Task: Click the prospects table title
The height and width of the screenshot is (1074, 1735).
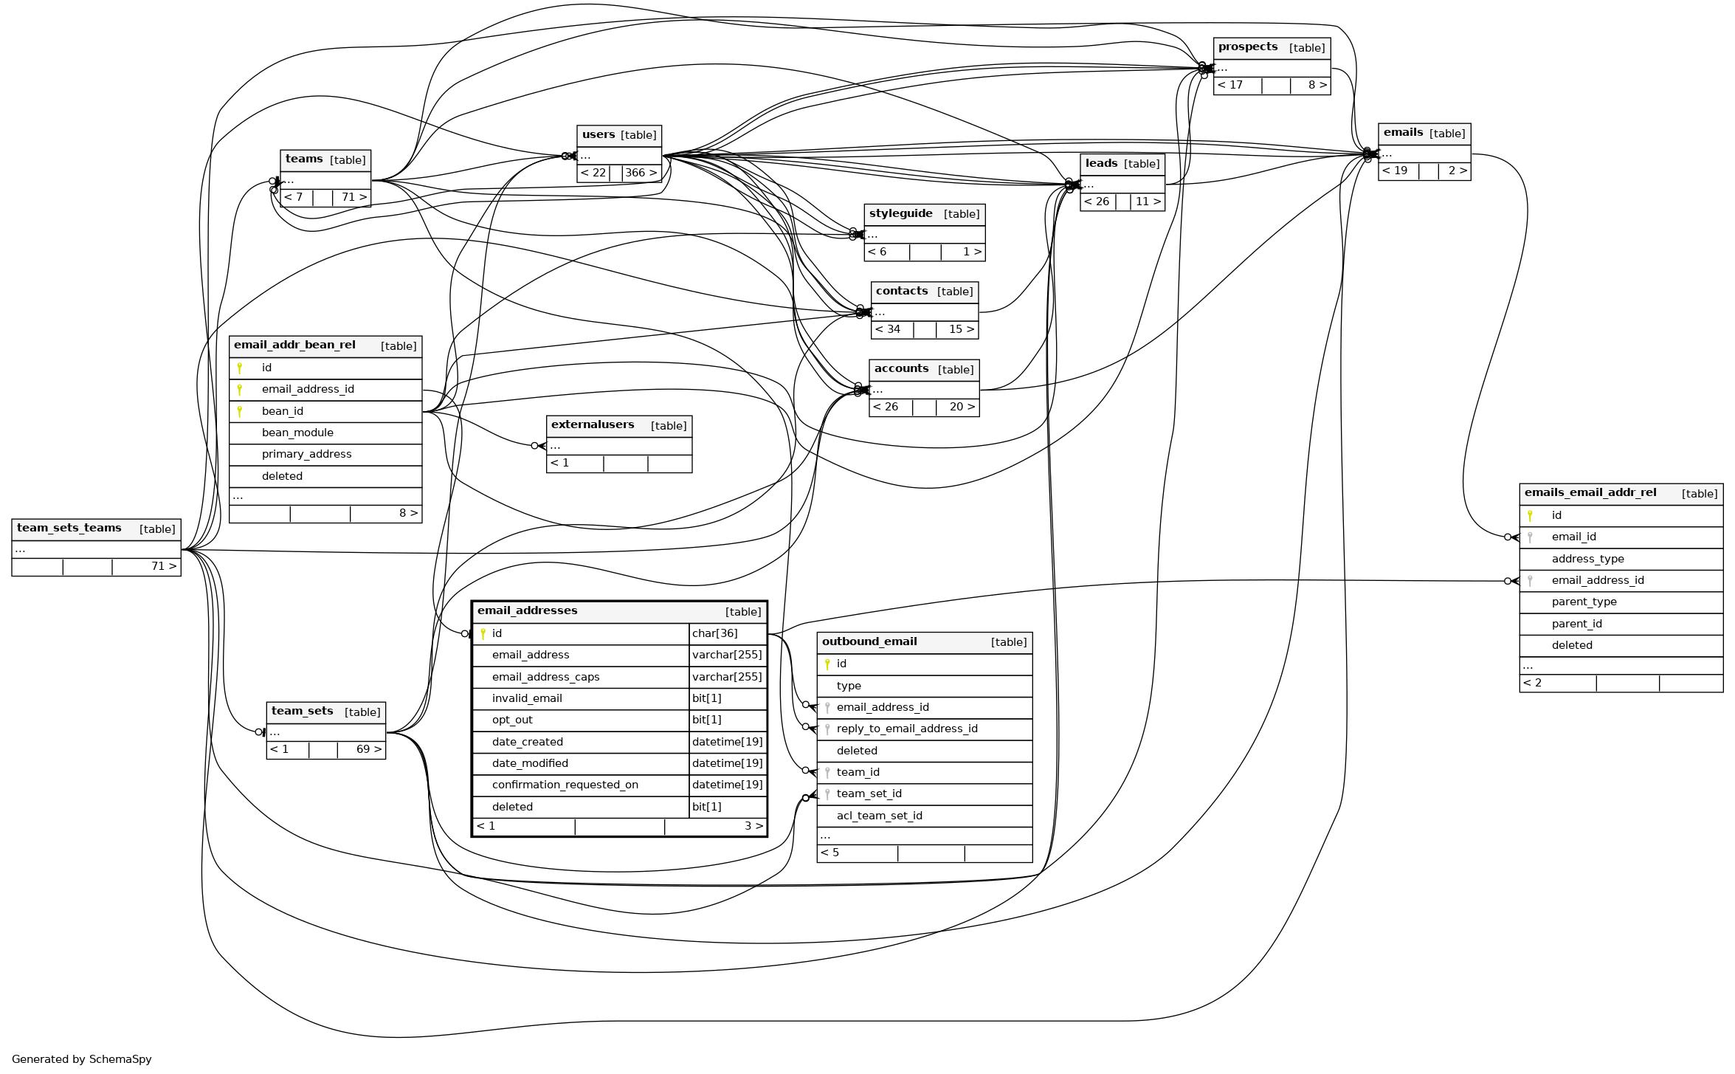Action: click(x=1248, y=47)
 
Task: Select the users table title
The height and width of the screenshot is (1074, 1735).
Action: click(x=599, y=135)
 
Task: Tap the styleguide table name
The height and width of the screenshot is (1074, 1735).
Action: click(x=900, y=214)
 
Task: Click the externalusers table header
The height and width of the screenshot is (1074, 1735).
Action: click(x=593, y=425)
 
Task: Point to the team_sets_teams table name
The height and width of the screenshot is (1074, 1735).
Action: click(x=69, y=529)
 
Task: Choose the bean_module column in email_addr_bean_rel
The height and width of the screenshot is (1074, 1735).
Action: click(x=297, y=433)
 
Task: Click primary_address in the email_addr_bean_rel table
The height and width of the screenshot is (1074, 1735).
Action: click(x=306, y=455)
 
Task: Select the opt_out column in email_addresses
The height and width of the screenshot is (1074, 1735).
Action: click(x=512, y=720)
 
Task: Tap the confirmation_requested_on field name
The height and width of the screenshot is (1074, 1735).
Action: click(x=565, y=785)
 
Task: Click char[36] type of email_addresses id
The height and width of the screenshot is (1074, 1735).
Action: click(x=714, y=633)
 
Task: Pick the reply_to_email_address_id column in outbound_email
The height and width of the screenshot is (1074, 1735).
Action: click(x=906, y=729)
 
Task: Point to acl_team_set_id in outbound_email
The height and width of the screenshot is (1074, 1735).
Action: click(x=879, y=816)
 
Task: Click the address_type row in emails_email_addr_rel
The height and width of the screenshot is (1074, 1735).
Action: click(x=1587, y=560)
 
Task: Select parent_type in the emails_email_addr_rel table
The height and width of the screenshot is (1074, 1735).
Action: click(x=1584, y=602)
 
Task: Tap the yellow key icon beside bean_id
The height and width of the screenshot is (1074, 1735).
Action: click(x=240, y=412)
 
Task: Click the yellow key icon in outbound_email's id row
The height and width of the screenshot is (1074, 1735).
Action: click(x=827, y=664)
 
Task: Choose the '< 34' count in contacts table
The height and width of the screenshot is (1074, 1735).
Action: click(x=888, y=330)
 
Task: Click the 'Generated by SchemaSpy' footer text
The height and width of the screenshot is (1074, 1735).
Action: click(x=81, y=1060)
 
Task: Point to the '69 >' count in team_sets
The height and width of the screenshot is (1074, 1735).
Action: click(x=369, y=750)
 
